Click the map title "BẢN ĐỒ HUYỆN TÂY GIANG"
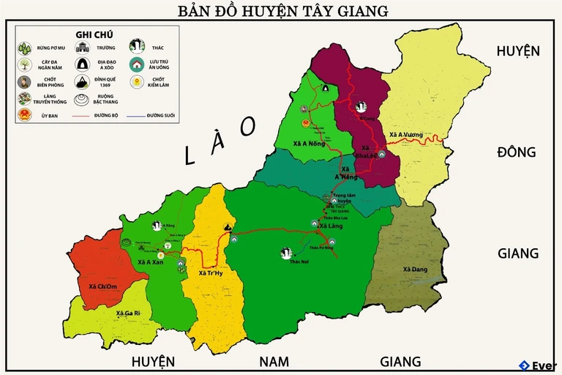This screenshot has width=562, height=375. pyautogui.click(x=282, y=11)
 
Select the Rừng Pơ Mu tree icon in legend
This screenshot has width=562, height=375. pyautogui.click(x=25, y=48)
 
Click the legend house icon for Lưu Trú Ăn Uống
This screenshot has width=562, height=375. pyautogui.click(x=137, y=65)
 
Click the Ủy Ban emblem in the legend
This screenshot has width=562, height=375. pyautogui.click(x=25, y=115)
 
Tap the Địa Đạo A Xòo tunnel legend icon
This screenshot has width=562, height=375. pyautogui.click(x=83, y=65)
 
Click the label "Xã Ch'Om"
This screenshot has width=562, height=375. pyautogui.click(x=102, y=286)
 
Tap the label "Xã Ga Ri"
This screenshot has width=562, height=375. pyautogui.click(x=128, y=313)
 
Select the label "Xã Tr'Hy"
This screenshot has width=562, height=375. pyautogui.click(x=211, y=273)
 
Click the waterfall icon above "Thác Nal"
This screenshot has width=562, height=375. pyautogui.click(x=287, y=253)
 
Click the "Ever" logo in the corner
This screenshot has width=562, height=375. pyautogui.click(x=538, y=365)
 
